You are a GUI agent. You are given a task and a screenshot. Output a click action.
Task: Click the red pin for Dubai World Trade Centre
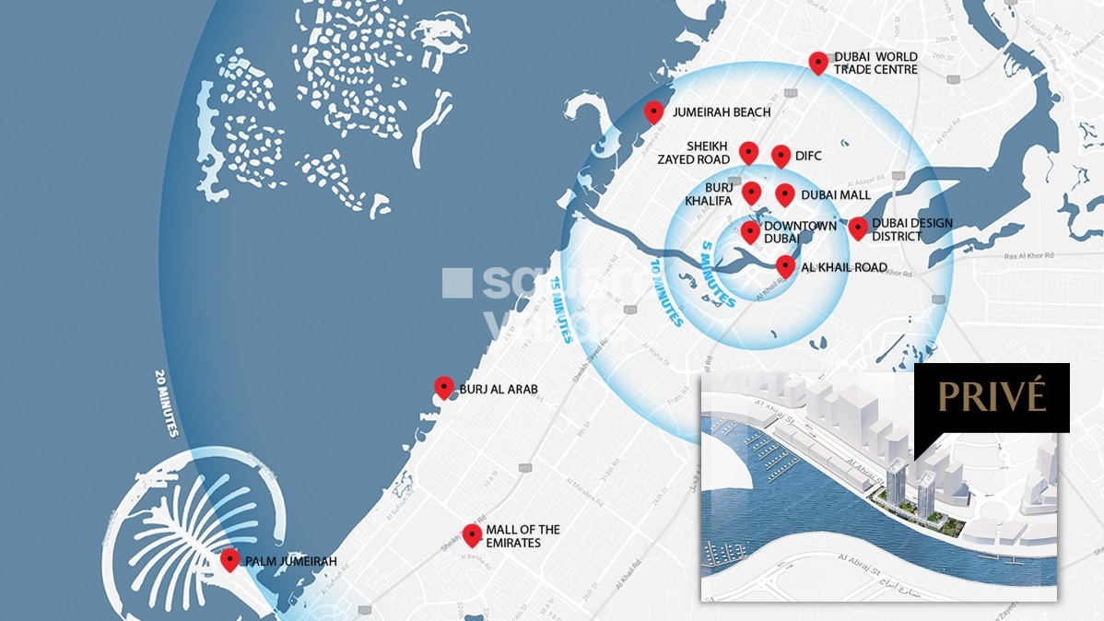click(x=817, y=62)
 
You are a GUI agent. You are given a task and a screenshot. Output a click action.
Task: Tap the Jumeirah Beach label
click(x=722, y=112)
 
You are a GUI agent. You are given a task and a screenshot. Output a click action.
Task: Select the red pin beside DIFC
click(x=781, y=156)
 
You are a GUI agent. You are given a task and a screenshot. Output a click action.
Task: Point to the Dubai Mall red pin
click(x=784, y=193)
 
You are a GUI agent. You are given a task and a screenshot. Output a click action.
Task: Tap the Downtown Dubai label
click(x=799, y=232)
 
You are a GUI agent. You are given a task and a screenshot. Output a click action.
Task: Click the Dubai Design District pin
click(x=858, y=228)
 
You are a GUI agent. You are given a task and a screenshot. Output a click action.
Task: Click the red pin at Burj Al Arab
click(x=444, y=388)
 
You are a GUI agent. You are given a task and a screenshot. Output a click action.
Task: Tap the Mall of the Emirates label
click(x=523, y=536)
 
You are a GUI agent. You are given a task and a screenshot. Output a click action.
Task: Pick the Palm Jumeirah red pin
click(x=230, y=559)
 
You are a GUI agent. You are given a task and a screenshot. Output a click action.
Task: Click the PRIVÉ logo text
click(x=992, y=396)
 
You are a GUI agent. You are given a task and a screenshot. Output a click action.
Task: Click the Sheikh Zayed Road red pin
click(x=748, y=152)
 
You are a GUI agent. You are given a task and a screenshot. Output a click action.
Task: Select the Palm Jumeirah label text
click(x=291, y=561)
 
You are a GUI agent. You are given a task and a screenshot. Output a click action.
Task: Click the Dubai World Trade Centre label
click(x=875, y=63)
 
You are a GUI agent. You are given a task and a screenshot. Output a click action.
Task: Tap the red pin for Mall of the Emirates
click(x=472, y=534)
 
